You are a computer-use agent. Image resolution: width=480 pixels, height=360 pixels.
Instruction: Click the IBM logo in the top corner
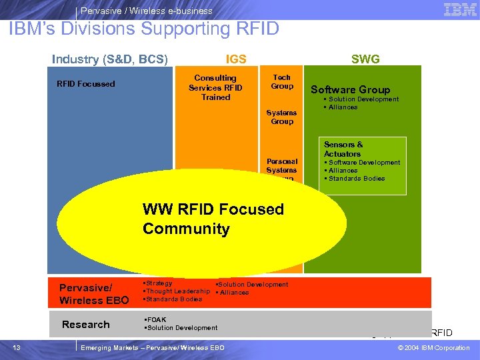click(x=459, y=9)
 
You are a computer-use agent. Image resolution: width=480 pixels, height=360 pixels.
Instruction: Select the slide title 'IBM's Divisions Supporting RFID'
click(x=144, y=29)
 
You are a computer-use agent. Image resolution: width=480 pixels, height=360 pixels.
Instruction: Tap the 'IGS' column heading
click(x=236, y=59)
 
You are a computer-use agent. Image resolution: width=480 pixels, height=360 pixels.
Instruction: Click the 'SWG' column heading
click(x=365, y=59)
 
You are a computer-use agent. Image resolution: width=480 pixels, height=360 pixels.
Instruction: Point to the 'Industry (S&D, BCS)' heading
click(x=109, y=59)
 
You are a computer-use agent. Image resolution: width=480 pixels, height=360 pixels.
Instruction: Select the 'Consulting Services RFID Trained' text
click(x=215, y=87)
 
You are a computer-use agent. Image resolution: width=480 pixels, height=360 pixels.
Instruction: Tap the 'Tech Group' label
click(x=282, y=81)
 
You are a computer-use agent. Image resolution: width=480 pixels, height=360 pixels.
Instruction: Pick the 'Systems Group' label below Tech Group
click(x=282, y=117)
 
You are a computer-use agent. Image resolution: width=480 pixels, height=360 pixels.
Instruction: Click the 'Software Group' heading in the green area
click(x=350, y=89)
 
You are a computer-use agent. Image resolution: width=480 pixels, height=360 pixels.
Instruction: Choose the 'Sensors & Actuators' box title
click(x=343, y=149)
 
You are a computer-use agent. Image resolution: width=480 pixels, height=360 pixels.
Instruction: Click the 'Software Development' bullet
click(x=363, y=163)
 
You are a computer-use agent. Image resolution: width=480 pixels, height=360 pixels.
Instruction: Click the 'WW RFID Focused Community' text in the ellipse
click(x=213, y=219)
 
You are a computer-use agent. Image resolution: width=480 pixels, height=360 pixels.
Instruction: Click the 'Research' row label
click(x=85, y=325)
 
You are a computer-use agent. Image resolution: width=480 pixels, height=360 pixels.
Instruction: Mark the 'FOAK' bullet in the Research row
click(x=157, y=319)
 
